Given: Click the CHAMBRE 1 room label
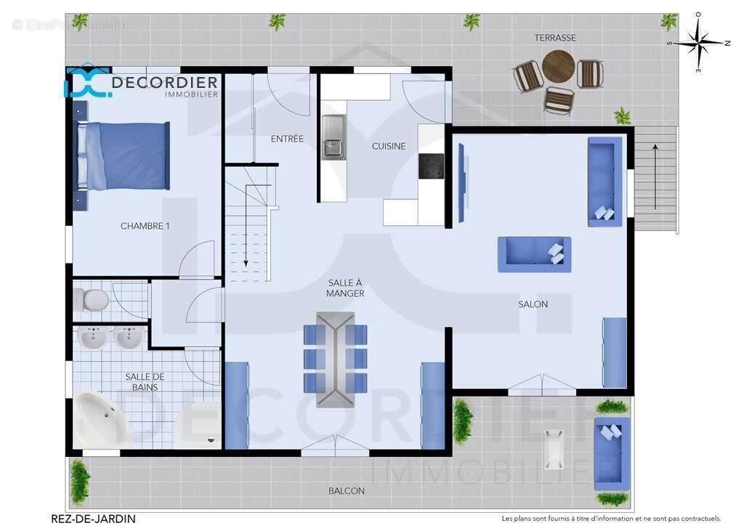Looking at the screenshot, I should coord(145,226).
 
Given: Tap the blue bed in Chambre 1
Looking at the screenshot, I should coord(124,155).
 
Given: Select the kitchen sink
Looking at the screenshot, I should coord(334,136).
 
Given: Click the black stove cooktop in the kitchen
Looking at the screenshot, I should coord(432,166).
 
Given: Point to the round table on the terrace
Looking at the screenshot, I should coord(558,67).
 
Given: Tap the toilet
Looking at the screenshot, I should coord(92,299).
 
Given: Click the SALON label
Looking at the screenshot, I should coord(533,304).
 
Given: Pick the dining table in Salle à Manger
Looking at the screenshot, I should coord(335,359).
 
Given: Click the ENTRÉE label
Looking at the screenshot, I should coord(287,139).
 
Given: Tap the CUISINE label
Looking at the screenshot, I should coord(389,146).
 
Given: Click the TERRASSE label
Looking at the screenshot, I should coord(555,38).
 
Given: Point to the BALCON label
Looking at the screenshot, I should coord(347,491).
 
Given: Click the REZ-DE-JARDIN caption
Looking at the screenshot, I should coord(93,518).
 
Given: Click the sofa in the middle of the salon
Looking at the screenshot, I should coord(534,254).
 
